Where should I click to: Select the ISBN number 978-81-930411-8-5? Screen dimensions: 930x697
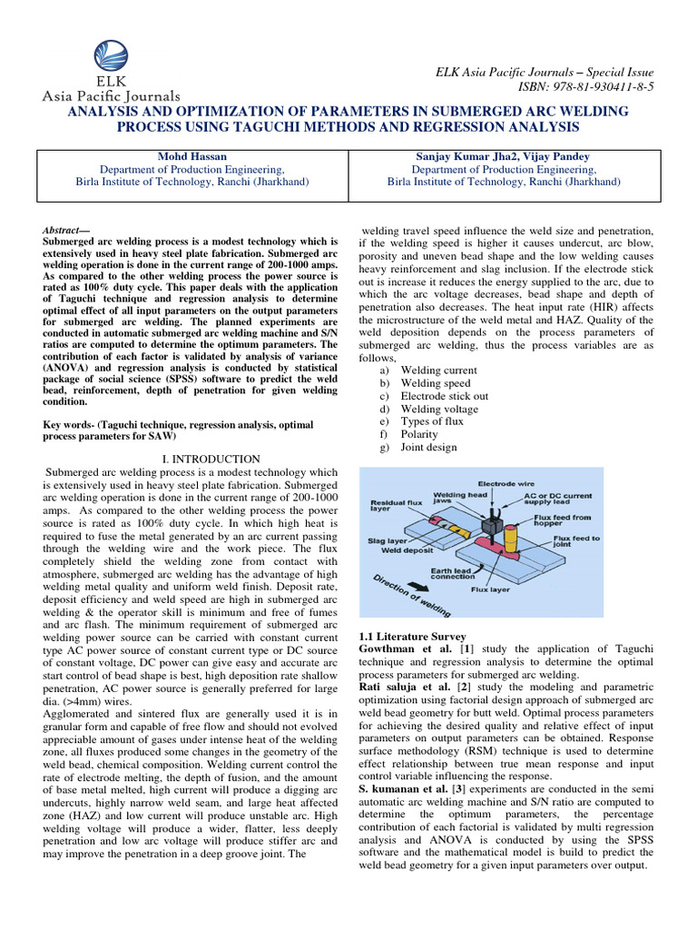pyautogui.click(x=594, y=86)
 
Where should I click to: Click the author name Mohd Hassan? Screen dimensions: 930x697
pyautogui.click(x=191, y=155)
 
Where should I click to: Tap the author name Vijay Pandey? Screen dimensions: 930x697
pyautogui.click(x=564, y=155)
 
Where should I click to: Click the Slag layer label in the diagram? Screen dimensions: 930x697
pyautogui.click(x=385, y=540)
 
